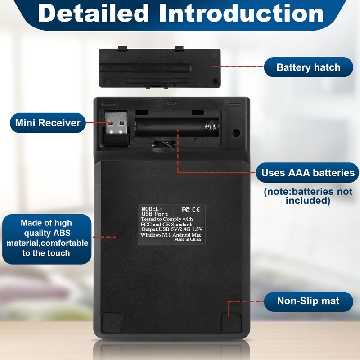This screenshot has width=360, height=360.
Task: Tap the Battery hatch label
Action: pos(308,67)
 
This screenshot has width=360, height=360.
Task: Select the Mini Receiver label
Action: pos(48,123)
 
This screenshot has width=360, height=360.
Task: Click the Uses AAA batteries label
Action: pos(308,173)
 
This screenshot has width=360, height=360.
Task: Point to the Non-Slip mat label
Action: pos(308,301)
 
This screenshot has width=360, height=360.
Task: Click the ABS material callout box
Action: pos(47,239)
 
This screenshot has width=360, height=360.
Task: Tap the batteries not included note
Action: pos(308,196)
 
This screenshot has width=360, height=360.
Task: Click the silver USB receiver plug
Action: pos(116,123)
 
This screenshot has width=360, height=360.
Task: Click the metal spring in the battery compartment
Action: pos(211,126)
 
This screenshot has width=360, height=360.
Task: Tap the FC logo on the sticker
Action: pos(186,210)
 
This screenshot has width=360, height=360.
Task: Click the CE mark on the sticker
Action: pos(196,210)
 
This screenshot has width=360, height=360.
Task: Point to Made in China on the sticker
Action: pos(187,239)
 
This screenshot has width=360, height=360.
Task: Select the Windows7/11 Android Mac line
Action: pos(171,234)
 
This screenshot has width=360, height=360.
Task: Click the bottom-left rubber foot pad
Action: pos(112,323)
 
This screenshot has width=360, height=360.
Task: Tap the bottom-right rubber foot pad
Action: pos(232,323)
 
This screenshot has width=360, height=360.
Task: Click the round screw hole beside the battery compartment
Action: pos(236,132)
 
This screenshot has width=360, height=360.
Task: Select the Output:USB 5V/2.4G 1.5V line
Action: pos(172,229)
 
